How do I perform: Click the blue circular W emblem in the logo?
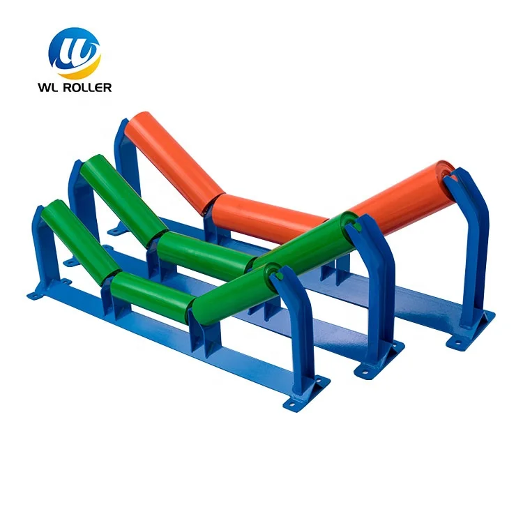pyautogui.click(x=75, y=52)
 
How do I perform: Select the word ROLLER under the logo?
pyautogui.click(x=91, y=87)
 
